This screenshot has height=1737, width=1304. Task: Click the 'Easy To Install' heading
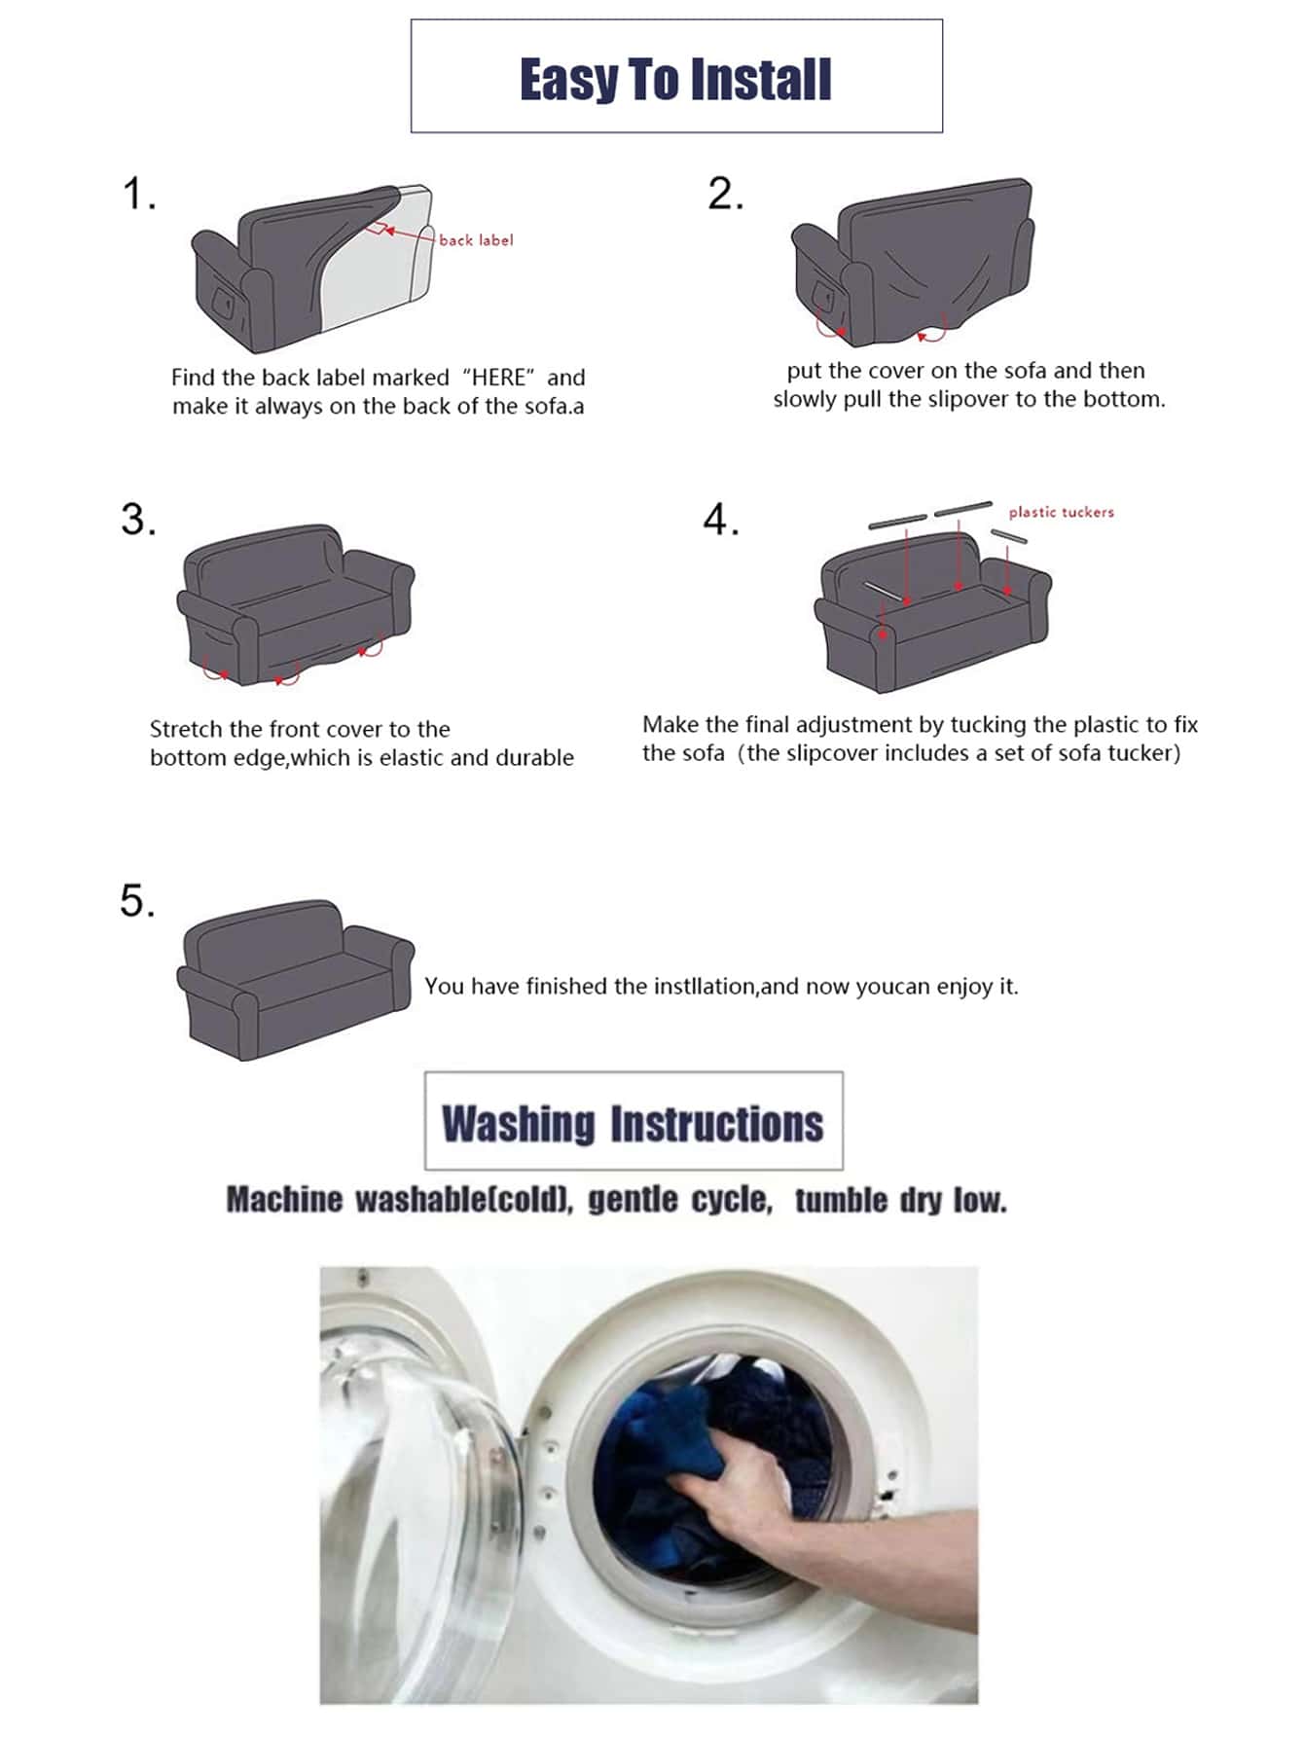coord(675,79)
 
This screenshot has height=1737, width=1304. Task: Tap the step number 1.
coord(138,194)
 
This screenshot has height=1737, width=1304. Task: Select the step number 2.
coord(725,194)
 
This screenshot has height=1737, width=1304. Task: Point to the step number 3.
coord(138,520)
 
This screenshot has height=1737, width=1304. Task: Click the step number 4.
coord(721,520)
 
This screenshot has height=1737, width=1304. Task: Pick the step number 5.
coord(137,900)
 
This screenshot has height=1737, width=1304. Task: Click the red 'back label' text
coord(476,239)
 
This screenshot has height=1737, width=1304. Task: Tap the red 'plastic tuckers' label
coord(1061,512)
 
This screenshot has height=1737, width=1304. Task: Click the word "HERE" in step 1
coord(499,378)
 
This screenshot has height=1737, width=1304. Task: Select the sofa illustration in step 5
coord(295,979)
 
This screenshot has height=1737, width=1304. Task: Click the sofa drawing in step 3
coord(295,604)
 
